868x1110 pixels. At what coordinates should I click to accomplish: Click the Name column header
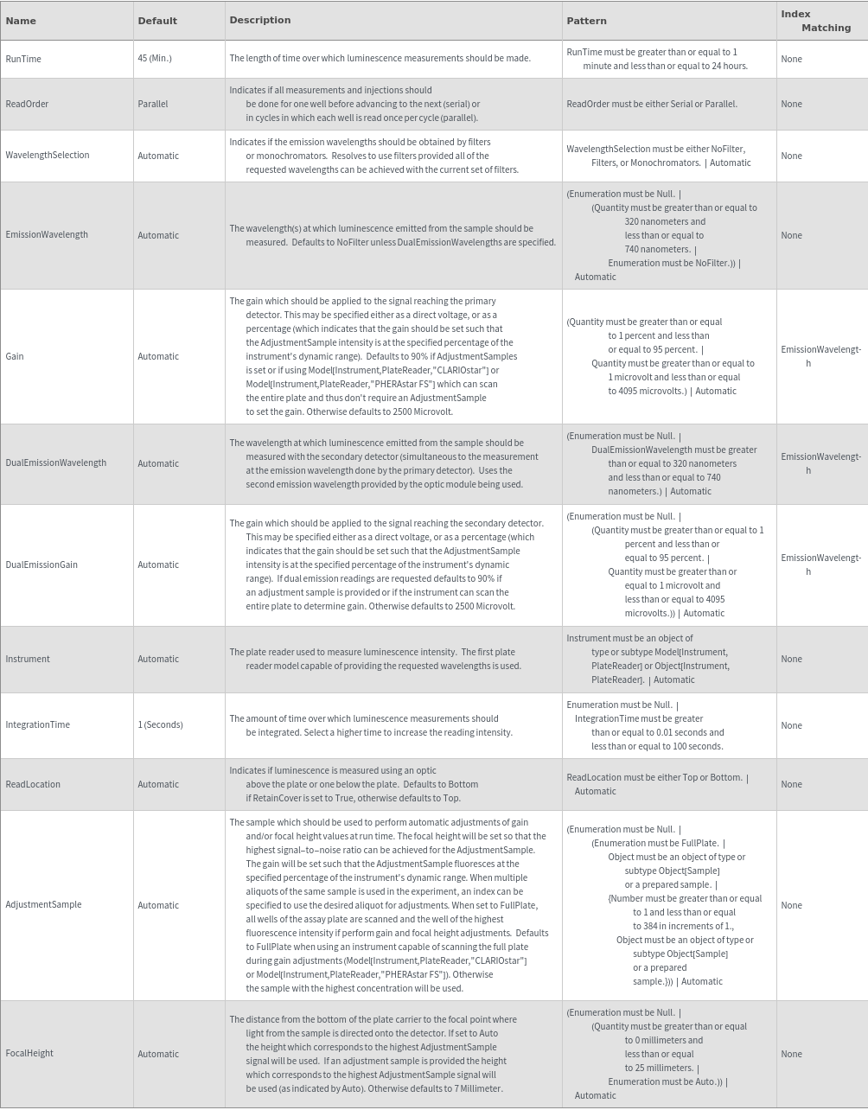(x=21, y=21)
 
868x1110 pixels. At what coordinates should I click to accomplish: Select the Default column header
(x=157, y=21)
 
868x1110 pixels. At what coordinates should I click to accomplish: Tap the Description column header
(x=260, y=20)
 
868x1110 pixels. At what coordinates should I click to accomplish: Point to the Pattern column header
(x=586, y=21)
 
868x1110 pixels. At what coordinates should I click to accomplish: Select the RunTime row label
(x=23, y=59)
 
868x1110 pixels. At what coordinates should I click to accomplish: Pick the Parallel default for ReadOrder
(x=153, y=104)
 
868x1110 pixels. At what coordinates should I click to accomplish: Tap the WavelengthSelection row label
(x=48, y=156)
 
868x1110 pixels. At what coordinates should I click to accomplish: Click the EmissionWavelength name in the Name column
(x=47, y=235)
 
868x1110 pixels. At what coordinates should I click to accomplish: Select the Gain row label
(x=15, y=356)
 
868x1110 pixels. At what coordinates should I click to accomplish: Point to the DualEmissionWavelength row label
(x=56, y=463)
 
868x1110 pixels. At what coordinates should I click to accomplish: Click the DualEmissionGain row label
(x=41, y=565)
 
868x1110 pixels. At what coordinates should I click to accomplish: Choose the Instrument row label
(x=28, y=659)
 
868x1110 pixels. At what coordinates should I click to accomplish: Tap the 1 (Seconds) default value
(x=160, y=724)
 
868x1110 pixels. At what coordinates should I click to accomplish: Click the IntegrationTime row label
(x=38, y=724)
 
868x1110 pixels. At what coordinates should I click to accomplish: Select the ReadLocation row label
(x=33, y=784)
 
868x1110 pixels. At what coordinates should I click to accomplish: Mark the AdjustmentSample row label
(x=43, y=904)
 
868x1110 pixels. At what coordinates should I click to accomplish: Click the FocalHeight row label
(x=29, y=1053)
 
